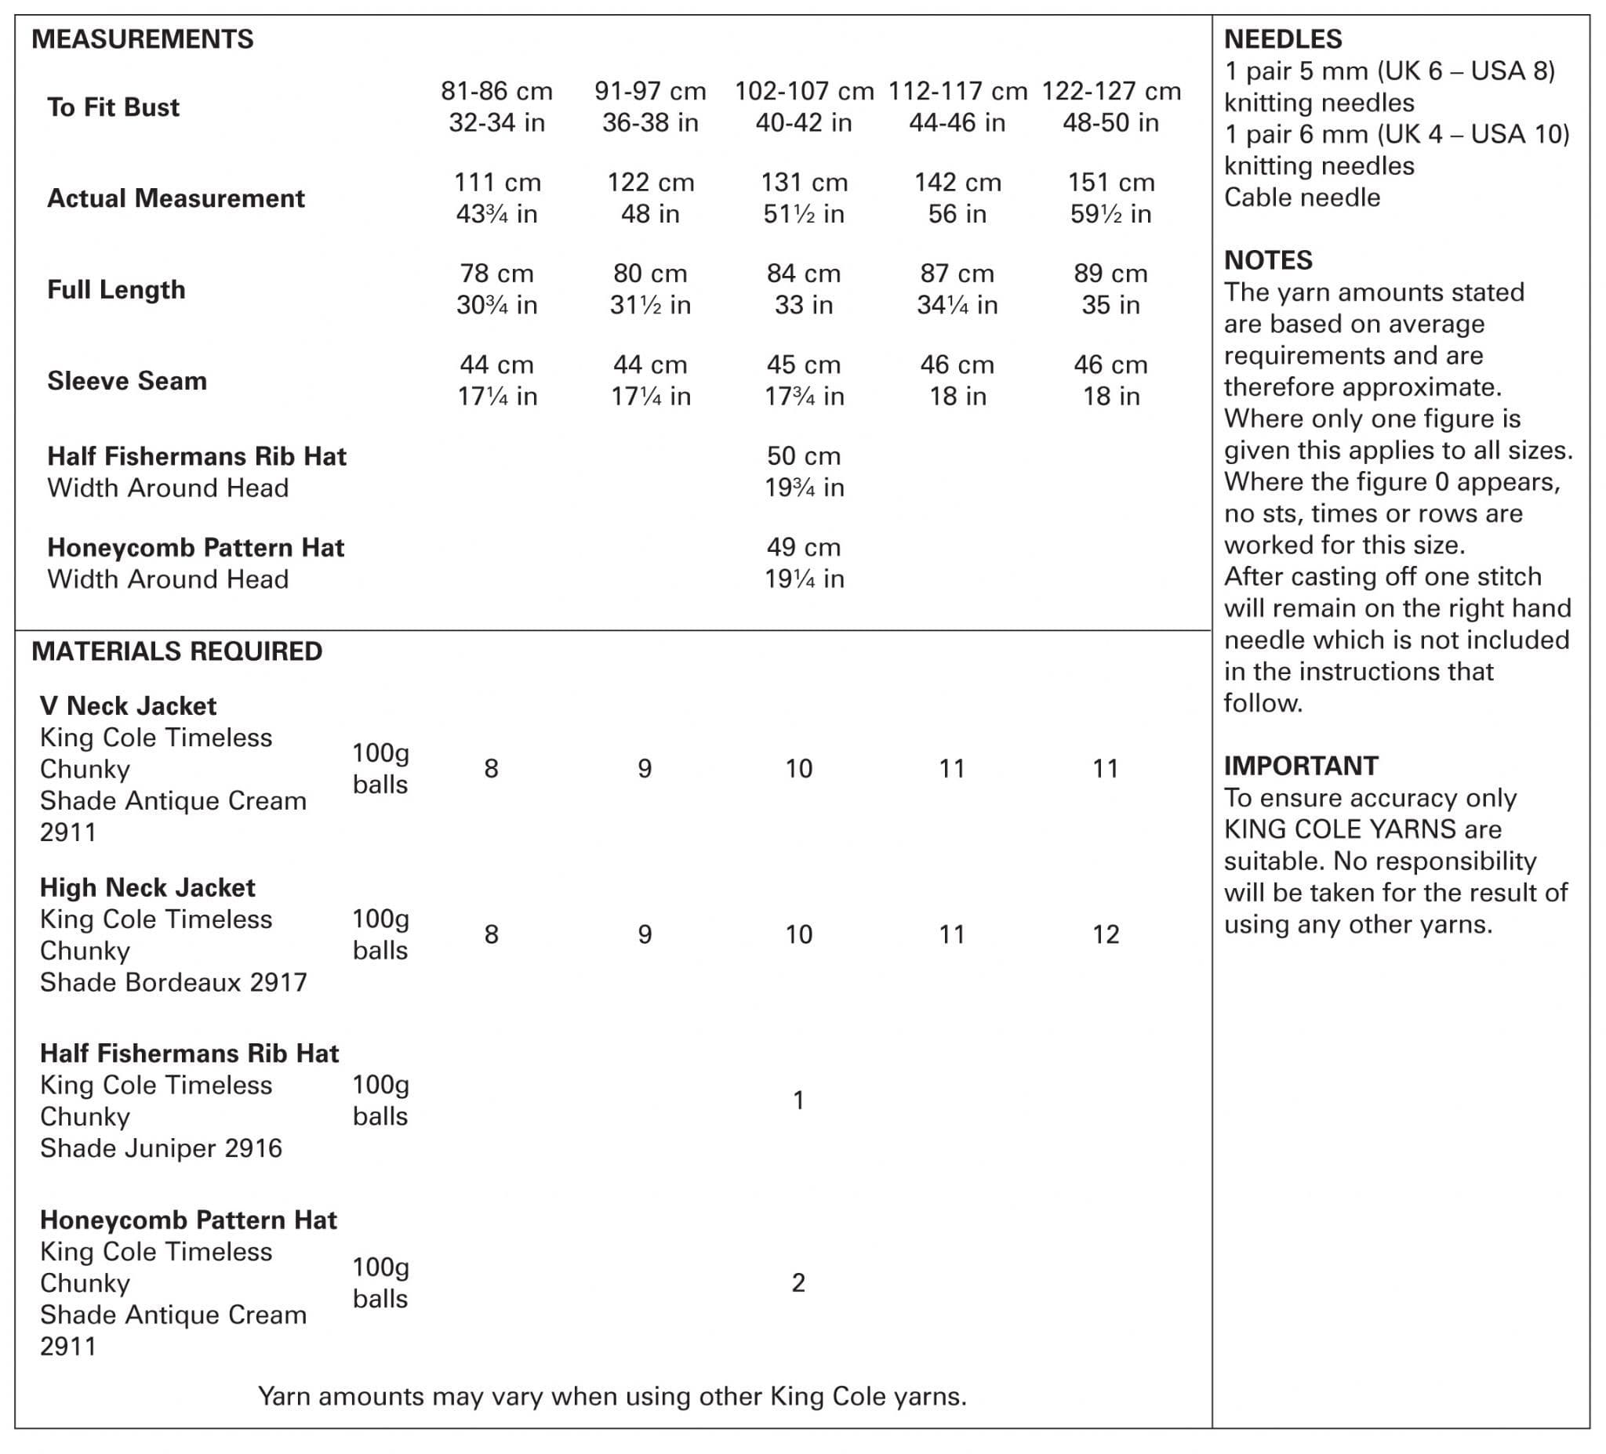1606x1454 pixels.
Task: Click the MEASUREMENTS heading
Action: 143,39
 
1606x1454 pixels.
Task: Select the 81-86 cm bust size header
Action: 496,107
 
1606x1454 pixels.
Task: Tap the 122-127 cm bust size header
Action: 1110,107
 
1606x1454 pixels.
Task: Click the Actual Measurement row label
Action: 176,198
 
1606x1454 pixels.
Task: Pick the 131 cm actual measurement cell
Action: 804,198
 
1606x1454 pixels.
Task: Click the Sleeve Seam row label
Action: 128,381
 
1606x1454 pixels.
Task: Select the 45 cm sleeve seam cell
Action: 804,381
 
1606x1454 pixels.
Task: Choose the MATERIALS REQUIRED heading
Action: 177,651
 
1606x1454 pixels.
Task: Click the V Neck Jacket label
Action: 129,705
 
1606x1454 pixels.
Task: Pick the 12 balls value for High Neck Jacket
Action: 1106,934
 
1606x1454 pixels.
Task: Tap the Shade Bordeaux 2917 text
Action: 173,982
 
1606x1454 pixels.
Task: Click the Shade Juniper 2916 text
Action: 161,1148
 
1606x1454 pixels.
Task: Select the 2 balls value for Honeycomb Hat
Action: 798,1282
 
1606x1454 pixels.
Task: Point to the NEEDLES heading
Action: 1283,39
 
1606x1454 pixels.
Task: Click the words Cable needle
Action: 1302,198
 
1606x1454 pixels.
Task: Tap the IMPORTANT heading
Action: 1301,765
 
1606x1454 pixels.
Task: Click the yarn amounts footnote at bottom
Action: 612,1396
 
